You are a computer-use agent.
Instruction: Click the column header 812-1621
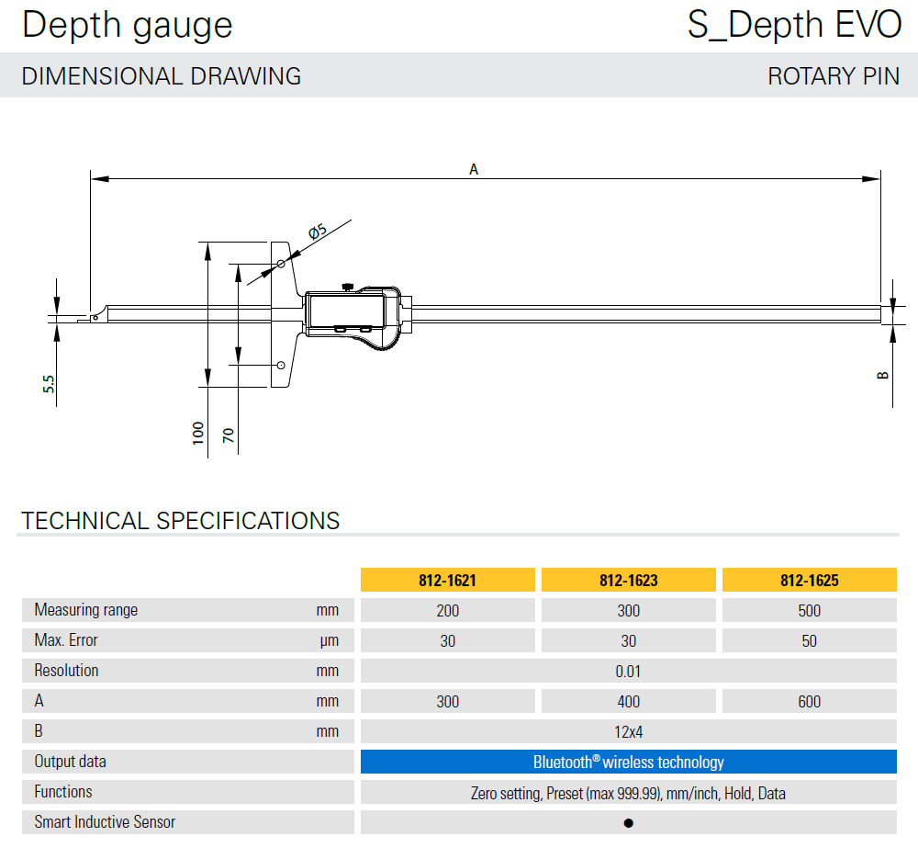click(x=447, y=580)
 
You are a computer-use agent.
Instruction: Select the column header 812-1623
click(x=628, y=580)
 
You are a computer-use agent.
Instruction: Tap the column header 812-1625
click(x=809, y=580)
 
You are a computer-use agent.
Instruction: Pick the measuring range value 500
click(x=809, y=611)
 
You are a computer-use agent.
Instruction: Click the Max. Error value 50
click(x=809, y=641)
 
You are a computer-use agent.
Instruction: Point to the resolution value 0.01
click(x=628, y=672)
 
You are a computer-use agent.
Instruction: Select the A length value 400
click(x=628, y=701)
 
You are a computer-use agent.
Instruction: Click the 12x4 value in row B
click(x=628, y=732)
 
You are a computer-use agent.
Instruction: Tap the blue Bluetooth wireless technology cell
click(x=628, y=762)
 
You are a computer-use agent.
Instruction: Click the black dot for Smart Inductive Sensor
click(x=629, y=823)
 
